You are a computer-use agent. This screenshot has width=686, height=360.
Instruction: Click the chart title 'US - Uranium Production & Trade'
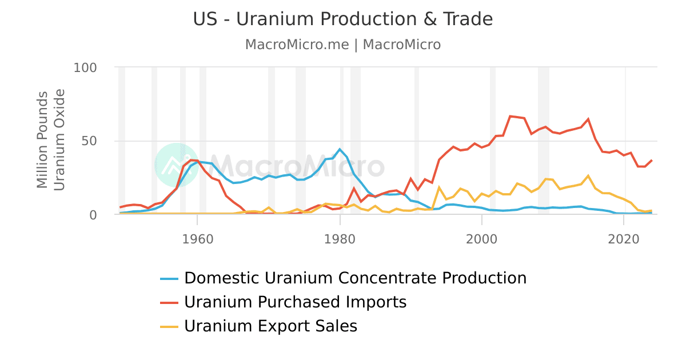[x=343, y=19]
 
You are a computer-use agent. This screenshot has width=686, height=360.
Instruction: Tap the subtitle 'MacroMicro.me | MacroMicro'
[x=343, y=45]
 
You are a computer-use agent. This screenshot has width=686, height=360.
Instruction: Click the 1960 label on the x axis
[x=197, y=237]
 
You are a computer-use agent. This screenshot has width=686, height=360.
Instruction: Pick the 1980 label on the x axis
[x=340, y=237]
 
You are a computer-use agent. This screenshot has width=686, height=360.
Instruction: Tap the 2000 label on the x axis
[x=482, y=237]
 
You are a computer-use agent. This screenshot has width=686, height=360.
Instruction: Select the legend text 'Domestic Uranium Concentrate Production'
[x=355, y=278]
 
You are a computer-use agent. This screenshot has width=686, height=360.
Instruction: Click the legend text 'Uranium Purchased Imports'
[x=295, y=302]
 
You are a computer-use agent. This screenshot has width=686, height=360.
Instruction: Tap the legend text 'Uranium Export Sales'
[x=270, y=326]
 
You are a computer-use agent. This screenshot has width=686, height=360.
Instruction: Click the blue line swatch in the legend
[x=169, y=278]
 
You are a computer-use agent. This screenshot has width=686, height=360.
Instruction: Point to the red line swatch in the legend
[x=169, y=302]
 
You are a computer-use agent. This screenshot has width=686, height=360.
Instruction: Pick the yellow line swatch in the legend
[x=169, y=326]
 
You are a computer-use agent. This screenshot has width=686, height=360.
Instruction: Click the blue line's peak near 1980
[x=340, y=149]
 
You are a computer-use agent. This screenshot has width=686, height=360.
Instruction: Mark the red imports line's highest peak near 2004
[x=510, y=116]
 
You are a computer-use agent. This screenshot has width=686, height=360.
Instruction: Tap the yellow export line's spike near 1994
[x=439, y=187]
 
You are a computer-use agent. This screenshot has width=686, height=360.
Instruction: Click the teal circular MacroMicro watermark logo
[x=177, y=165]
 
